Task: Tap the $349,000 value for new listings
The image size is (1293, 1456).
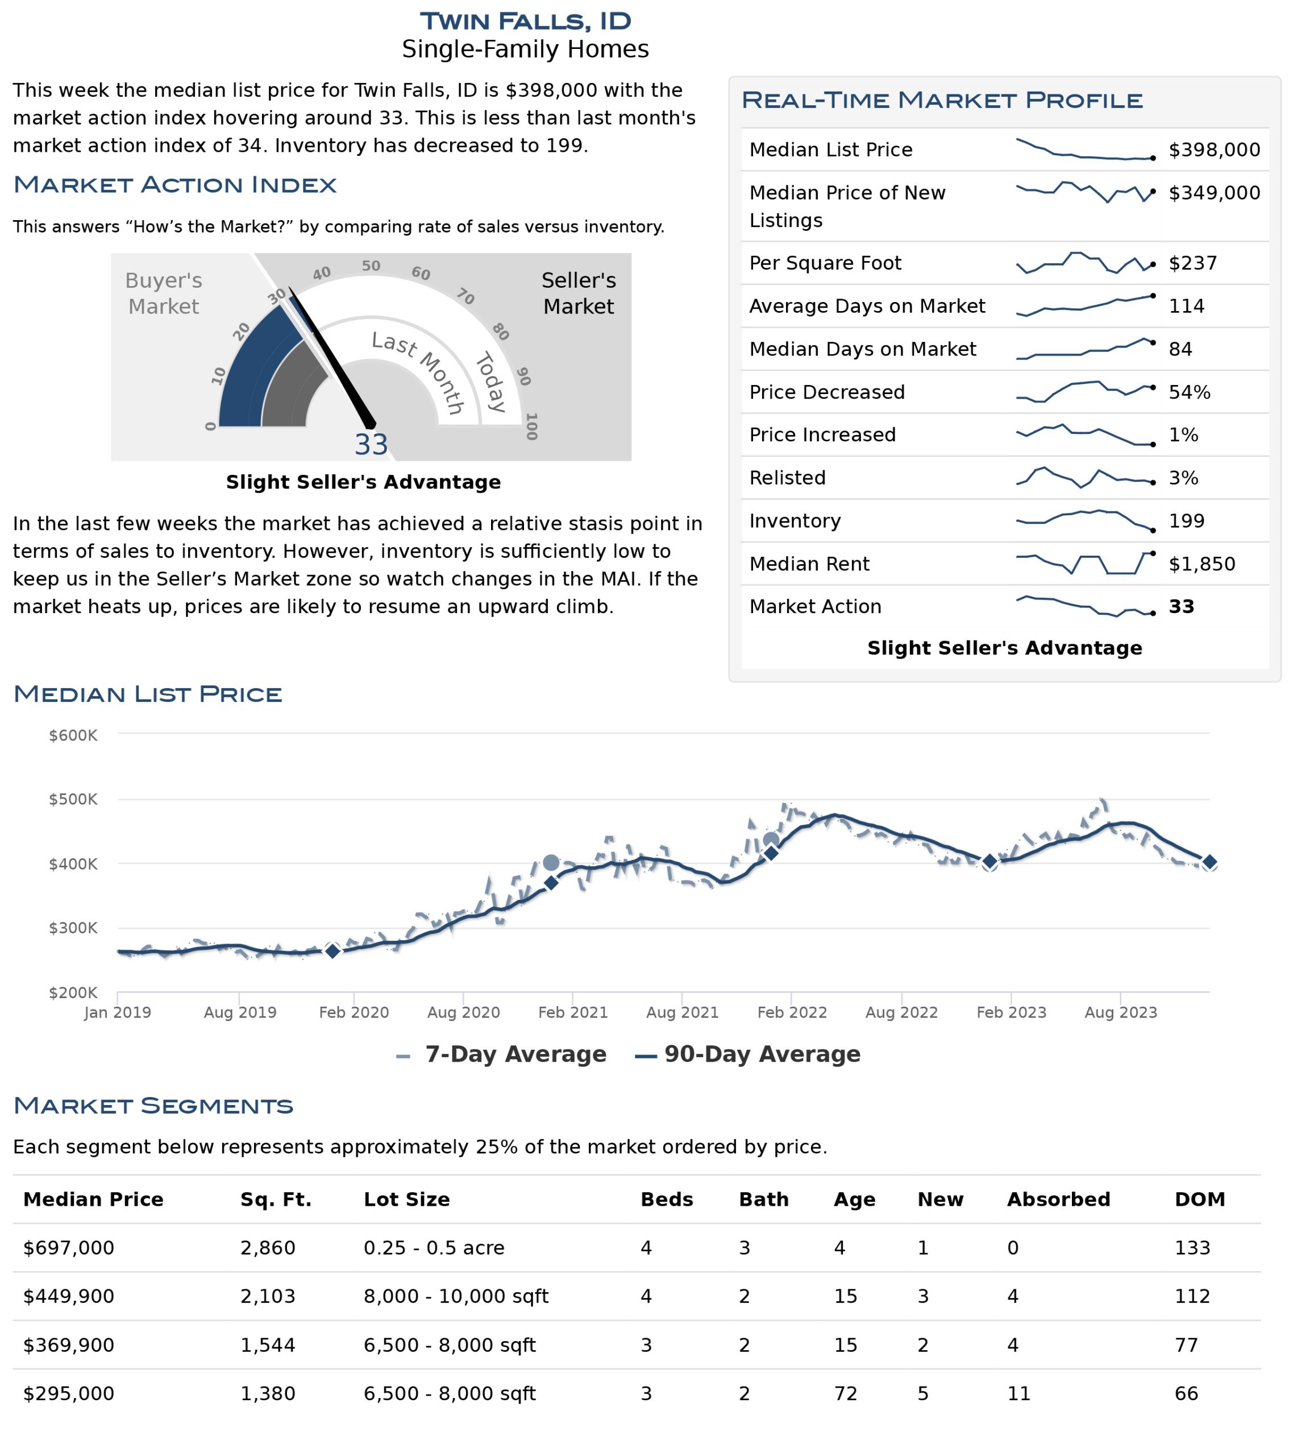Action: (x=1214, y=193)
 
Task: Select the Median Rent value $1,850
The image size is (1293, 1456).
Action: (x=1202, y=564)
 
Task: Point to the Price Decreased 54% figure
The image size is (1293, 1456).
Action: (x=1189, y=392)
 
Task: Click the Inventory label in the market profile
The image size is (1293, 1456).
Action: (x=795, y=521)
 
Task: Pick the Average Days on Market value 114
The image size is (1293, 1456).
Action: (x=1186, y=307)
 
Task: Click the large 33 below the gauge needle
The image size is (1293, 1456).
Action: (x=371, y=445)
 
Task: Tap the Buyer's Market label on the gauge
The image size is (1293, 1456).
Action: (x=163, y=293)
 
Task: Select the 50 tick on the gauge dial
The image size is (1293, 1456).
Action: (x=371, y=266)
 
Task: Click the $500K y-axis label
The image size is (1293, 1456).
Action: (x=73, y=799)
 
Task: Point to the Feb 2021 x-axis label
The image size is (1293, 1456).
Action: (x=572, y=1012)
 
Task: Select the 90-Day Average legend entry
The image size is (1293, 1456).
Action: (x=747, y=1054)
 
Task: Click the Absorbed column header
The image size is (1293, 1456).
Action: (x=1058, y=1199)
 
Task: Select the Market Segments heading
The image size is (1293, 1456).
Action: (x=153, y=1106)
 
